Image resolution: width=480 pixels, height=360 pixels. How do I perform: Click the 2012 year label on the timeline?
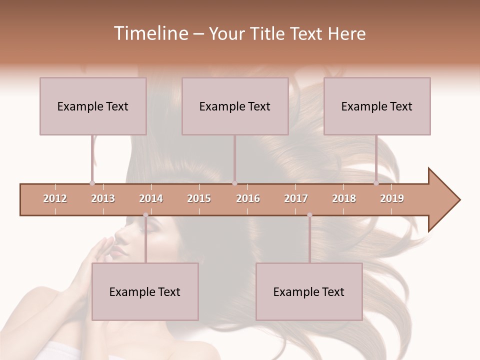(55, 198)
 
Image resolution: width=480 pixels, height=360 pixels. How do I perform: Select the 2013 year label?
(103, 198)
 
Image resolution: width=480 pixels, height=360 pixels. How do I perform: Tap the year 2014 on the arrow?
(151, 198)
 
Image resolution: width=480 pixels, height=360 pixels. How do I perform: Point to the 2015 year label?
(199, 198)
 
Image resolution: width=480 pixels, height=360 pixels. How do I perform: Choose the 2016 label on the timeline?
(248, 198)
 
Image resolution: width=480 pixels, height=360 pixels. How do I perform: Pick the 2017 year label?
(296, 198)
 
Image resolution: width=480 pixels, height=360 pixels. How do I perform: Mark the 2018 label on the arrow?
(344, 198)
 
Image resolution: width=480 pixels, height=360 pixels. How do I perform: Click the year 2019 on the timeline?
(392, 198)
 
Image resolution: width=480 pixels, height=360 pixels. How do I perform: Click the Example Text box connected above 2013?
(93, 106)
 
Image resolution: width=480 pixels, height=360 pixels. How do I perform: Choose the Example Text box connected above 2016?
(235, 106)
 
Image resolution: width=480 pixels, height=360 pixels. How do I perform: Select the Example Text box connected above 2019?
(377, 106)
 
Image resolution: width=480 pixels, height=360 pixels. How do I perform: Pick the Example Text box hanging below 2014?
(145, 291)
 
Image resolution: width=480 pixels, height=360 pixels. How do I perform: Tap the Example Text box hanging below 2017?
(309, 291)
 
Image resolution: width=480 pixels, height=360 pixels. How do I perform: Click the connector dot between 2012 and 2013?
(92, 183)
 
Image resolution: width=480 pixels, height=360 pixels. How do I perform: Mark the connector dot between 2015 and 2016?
(234, 183)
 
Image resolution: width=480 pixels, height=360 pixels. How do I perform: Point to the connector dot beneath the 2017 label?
(309, 215)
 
